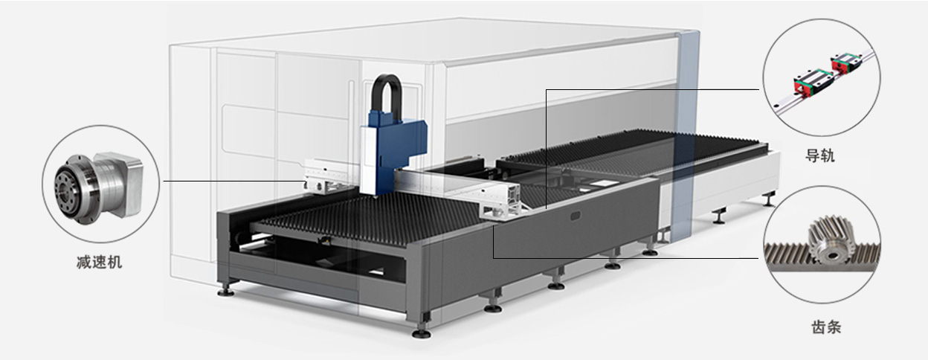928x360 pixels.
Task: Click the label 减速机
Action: click(x=100, y=263)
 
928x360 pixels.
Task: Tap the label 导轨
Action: click(x=819, y=155)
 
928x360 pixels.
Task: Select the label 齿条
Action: click(x=826, y=327)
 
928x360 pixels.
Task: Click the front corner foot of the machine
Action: click(x=422, y=332)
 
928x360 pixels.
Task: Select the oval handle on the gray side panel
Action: click(x=576, y=216)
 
